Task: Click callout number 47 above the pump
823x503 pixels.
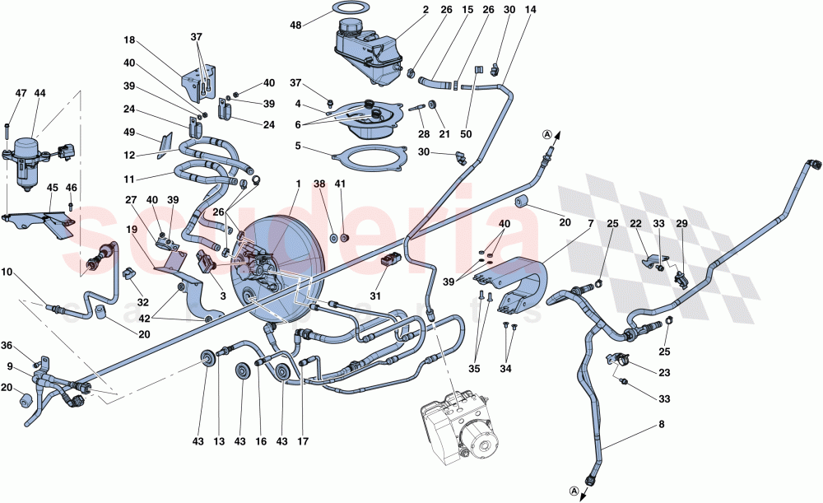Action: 21,94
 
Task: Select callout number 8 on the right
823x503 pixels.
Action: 660,426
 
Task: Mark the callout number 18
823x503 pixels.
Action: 129,40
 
